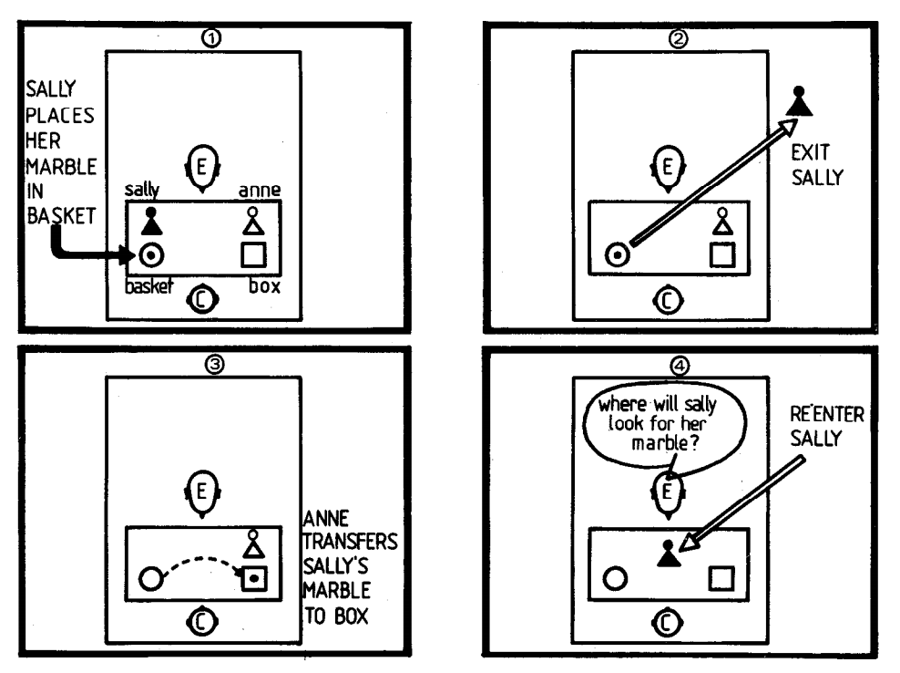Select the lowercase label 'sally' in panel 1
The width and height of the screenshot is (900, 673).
[x=144, y=189]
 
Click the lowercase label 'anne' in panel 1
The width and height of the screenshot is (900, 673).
[x=259, y=191]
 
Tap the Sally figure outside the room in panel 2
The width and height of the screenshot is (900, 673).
[x=799, y=102]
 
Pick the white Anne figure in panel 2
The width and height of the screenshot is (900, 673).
[x=722, y=223]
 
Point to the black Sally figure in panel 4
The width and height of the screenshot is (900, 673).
[x=669, y=553]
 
